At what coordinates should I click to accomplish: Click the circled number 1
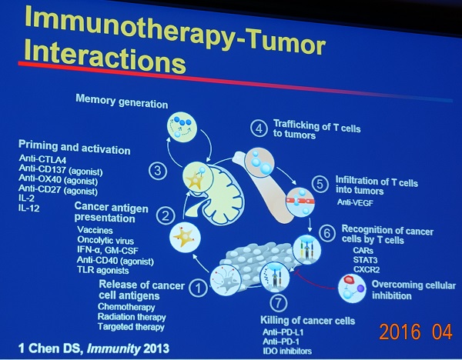point(199,288)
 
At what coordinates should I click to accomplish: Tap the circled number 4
point(259,128)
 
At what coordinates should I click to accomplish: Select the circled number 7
point(279,302)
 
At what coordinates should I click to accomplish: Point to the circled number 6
point(327,233)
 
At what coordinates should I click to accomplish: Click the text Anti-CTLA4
point(42,159)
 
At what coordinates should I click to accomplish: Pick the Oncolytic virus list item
point(105,240)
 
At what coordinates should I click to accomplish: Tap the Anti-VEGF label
point(355,202)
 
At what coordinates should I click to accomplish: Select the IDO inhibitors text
point(287,351)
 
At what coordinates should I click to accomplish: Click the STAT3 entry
point(365,260)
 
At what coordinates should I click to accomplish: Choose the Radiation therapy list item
point(132,317)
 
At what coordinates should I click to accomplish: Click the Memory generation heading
point(122,102)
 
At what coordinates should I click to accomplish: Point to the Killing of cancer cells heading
point(307,320)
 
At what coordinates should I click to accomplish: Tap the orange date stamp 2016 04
point(416,332)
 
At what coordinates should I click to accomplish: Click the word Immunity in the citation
point(113,348)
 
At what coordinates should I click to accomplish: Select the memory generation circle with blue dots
point(182,127)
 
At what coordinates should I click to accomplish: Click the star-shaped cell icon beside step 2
point(185,238)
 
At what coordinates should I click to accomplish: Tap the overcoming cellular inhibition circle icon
point(352,288)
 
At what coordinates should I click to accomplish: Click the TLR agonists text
point(103,270)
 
